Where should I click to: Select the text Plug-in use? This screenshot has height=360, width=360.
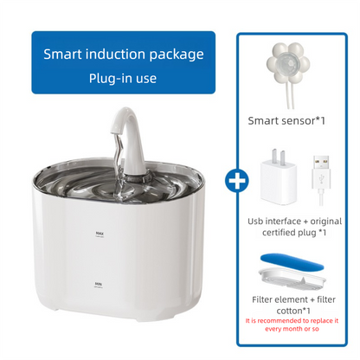124,79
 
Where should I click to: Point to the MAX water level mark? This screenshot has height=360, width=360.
100,233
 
